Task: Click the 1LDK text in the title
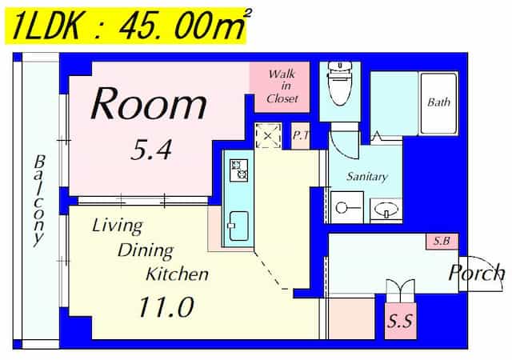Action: coord(46,26)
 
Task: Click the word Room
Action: coord(149,103)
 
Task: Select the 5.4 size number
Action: coord(151,150)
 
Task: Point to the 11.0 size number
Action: coord(166,306)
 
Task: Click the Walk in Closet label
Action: coord(282,86)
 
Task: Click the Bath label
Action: coord(438,102)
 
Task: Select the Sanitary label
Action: coord(367,177)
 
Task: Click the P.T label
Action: coord(300,135)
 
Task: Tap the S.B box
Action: coord(442,242)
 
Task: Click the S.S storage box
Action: coord(400,321)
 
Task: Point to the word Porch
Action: coord(476,273)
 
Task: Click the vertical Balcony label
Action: coord(39,201)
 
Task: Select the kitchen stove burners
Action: coord(238,170)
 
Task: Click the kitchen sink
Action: coord(238,226)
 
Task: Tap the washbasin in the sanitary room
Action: coord(386,209)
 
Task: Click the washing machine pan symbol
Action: coord(347,207)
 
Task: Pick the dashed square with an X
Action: coord(268,135)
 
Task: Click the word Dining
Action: coord(146,251)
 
